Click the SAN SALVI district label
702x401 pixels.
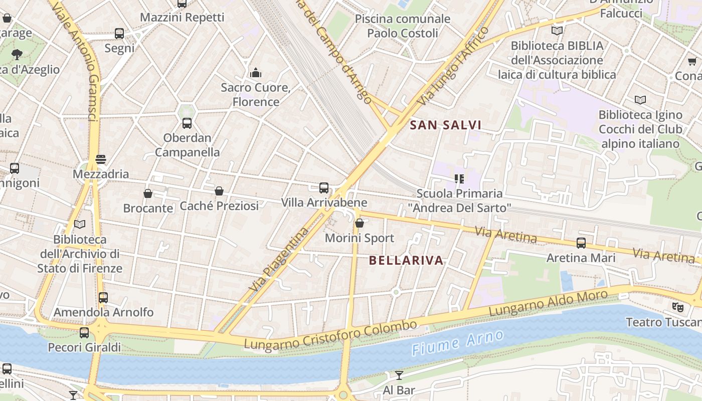coord(445,125)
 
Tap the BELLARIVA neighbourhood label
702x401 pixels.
coord(406,260)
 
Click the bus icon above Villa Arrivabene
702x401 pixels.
coord(324,188)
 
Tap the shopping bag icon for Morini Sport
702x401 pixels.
coord(359,223)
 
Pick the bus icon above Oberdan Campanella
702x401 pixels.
coord(187,123)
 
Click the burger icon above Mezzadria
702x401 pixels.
coord(101,159)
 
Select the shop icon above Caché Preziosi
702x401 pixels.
coord(219,191)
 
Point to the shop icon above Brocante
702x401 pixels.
coord(148,193)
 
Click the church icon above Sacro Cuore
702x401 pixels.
coord(256,73)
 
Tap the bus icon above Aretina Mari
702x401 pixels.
coord(581,243)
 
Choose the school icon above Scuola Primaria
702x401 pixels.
coord(459,178)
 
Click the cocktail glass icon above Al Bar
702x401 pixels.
coord(399,375)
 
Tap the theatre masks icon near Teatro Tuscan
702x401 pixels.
coord(677,307)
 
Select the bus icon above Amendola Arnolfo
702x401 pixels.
coord(103,297)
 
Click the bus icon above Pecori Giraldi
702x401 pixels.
coord(84,332)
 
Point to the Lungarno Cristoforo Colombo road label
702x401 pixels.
coord(330,335)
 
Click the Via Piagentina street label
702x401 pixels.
coord(279,261)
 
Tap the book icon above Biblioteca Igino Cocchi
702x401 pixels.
coord(640,100)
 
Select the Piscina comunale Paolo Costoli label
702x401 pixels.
coord(403,26)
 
